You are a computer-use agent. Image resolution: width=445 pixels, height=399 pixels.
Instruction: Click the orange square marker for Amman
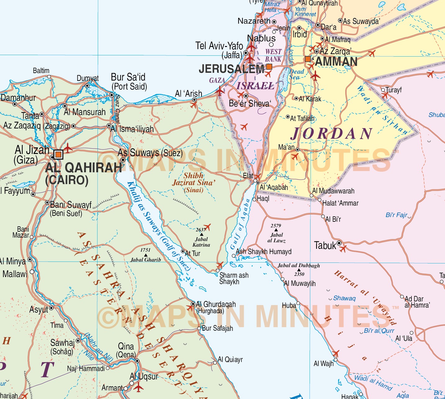click(x=308, y=59)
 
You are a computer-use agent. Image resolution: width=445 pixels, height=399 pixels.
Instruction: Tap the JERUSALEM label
click(x=231, y=69)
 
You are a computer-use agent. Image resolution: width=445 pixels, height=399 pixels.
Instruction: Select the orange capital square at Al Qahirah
click(x=58, y=154)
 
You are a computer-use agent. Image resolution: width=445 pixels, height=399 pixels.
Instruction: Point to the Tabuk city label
click(x=325, y=246)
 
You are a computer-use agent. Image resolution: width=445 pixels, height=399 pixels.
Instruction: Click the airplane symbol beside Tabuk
click(x=343, y=248)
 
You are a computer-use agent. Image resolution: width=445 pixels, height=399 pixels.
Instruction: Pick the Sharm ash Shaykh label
click(x=234, y=278)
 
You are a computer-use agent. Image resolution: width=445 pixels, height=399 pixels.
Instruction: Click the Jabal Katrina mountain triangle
click(x=201, y=234)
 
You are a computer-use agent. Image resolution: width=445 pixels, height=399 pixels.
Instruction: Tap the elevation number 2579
click(x=275, y=226)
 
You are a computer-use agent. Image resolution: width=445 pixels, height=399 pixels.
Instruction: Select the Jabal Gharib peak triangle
click(x=146, y=255)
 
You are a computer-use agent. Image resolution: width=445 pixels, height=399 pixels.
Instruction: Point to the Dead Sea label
click(x=296, y=74)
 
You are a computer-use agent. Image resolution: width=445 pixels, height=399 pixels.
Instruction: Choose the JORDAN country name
click(x=332, y=134)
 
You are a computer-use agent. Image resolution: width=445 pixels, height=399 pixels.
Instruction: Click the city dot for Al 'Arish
click(x=194, y=100)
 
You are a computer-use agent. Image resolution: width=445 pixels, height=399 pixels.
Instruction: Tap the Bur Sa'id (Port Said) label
click(x=129, y=81)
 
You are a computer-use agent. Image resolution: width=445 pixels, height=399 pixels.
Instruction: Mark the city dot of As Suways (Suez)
click(x=123, y=160)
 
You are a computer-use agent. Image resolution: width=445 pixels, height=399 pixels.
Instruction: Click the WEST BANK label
click(x=273, y=55)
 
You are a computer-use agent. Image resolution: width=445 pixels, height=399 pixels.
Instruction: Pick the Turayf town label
click(x=393, y=90)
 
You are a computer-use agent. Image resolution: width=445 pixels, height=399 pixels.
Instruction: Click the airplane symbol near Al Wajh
click(x=335, y=353)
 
